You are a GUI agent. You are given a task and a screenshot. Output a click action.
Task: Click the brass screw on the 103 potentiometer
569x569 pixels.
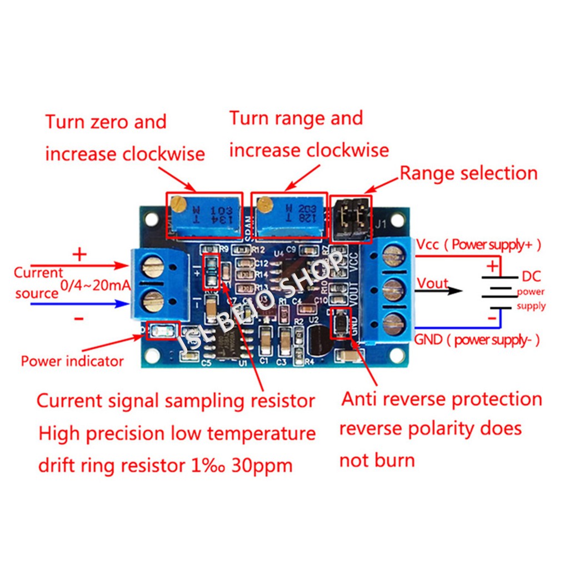coord(178,204)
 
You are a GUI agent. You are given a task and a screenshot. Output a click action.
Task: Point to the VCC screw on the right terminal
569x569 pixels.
coord(392,256)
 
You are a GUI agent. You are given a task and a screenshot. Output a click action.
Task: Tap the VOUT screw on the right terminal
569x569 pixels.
coord(392,289)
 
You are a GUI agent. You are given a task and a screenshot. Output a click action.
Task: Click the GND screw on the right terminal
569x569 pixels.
coord(392,322)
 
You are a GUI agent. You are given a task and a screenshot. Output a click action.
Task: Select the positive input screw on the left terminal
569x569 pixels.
coord(151,269)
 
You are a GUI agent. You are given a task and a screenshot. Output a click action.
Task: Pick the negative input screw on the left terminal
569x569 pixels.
coord(151,302)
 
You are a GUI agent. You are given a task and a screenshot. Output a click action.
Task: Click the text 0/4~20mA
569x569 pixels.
coord(95,286)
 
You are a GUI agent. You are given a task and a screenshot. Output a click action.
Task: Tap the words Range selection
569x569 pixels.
coord(468,173)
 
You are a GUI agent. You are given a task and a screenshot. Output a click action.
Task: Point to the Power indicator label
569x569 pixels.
coord(72,361)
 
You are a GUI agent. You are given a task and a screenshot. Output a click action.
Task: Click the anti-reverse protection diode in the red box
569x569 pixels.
coord(340,324)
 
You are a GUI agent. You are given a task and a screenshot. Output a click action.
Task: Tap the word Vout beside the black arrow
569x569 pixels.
coord(432,283)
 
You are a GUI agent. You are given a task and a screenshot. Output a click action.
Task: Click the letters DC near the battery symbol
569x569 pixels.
coord(531,276)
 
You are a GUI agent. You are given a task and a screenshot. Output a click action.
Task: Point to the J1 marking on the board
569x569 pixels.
coord(380,226)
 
